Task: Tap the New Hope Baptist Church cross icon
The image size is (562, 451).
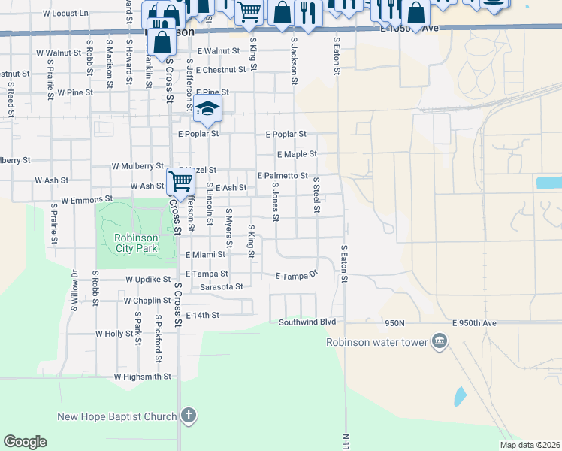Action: point(188,416)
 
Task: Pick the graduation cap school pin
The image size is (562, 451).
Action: point(207,109)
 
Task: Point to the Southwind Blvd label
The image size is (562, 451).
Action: point(306,322)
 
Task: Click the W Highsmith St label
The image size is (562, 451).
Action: point(143,376)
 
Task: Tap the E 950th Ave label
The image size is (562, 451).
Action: point(475,322)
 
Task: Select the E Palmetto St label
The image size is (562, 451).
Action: point(283,175)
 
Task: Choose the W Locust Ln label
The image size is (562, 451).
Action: point(65,14)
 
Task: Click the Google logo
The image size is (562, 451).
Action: point(25,442)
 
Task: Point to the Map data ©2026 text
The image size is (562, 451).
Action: point(529,444)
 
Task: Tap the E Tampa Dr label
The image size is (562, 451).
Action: point(298,276)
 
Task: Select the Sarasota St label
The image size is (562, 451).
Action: point(222,286)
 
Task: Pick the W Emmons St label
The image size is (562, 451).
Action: point(86,201)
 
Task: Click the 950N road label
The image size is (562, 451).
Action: point(394,322)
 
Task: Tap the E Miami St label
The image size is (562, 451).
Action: point(205,255)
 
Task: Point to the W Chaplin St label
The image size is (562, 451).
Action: point(148,300)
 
